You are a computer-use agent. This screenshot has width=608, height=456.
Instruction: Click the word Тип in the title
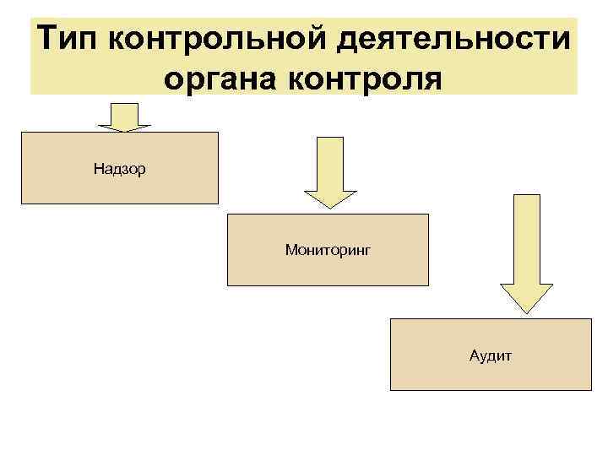69,39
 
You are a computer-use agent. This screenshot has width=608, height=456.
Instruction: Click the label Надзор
120,169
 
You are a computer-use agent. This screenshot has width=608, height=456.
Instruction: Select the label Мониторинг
328,250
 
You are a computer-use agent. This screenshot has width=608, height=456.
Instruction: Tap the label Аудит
491,355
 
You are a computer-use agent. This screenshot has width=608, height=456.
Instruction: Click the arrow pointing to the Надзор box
124,116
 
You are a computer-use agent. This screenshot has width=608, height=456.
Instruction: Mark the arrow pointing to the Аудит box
527,253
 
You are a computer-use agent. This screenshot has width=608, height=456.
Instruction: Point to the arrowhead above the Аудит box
527,300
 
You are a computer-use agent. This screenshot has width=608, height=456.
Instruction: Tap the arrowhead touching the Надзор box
124,126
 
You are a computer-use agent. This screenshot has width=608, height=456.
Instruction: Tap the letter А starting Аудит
475,355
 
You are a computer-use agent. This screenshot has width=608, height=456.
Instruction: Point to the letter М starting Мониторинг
290,250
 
